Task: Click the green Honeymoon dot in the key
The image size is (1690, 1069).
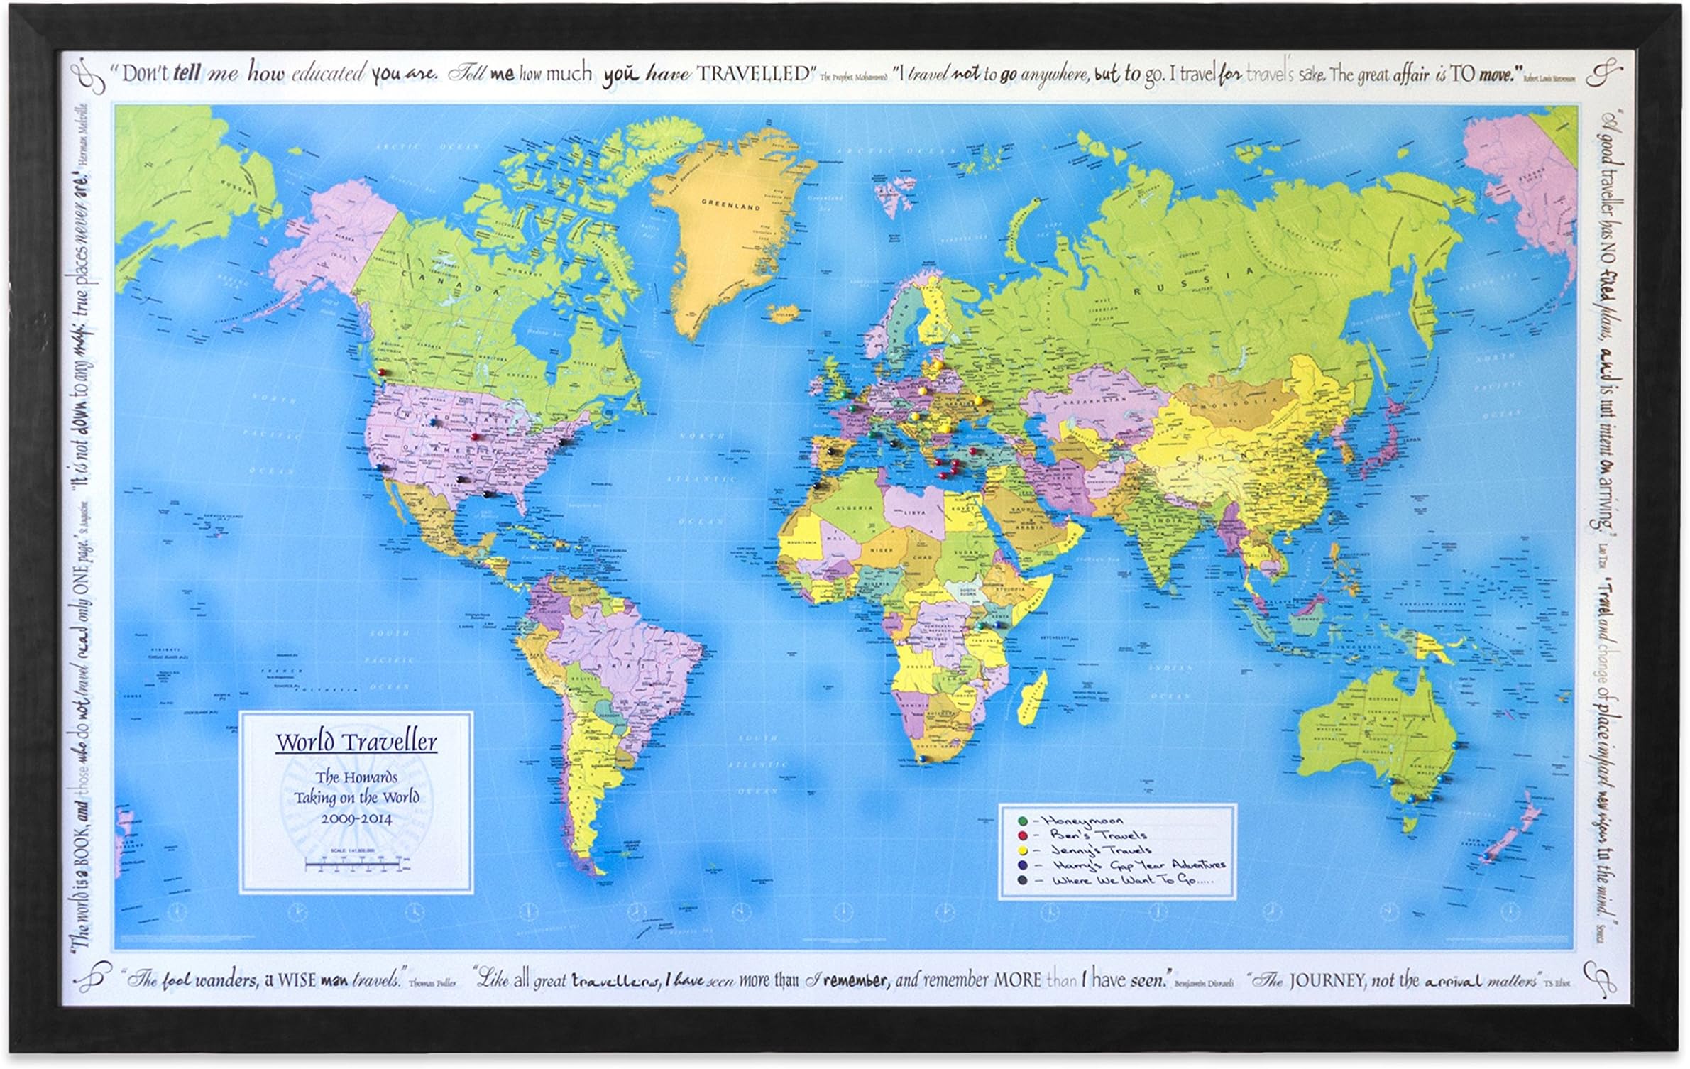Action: pos(1023,821)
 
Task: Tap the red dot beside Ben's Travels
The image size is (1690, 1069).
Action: pos(1023,836)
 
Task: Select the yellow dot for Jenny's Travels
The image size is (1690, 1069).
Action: pos(1023,850)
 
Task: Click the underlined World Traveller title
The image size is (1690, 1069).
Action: pos(356,742)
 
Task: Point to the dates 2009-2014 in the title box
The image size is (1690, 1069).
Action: pos(356,818)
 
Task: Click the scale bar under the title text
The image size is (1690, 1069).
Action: pos(356,864)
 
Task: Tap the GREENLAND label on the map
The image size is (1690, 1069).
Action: pos(730,206)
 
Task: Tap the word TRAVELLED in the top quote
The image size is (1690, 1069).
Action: pos(754,73)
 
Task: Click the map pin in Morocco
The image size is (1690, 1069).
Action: pos(818,485)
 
